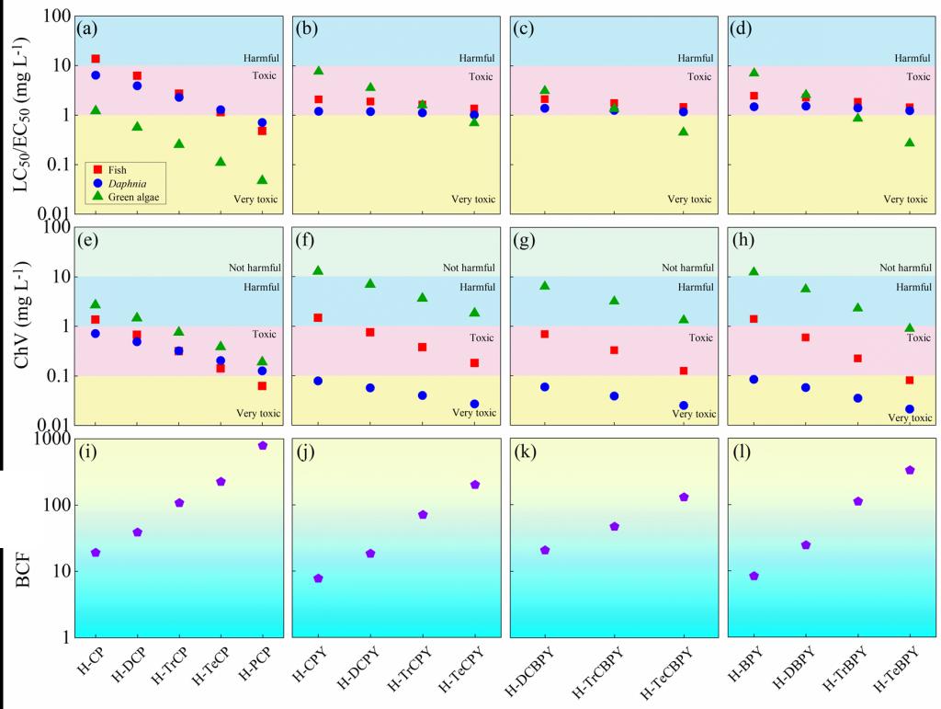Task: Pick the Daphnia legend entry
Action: [120, 183]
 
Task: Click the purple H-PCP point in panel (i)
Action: [263, 445]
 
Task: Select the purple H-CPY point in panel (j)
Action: [318, 578]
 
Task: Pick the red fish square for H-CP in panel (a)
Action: [96, 59]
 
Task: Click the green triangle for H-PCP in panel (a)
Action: [263, 179]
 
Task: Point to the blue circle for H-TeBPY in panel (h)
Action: [910, 409]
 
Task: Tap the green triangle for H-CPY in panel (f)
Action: [318, 270]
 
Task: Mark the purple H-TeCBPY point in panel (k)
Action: [684, 497]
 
